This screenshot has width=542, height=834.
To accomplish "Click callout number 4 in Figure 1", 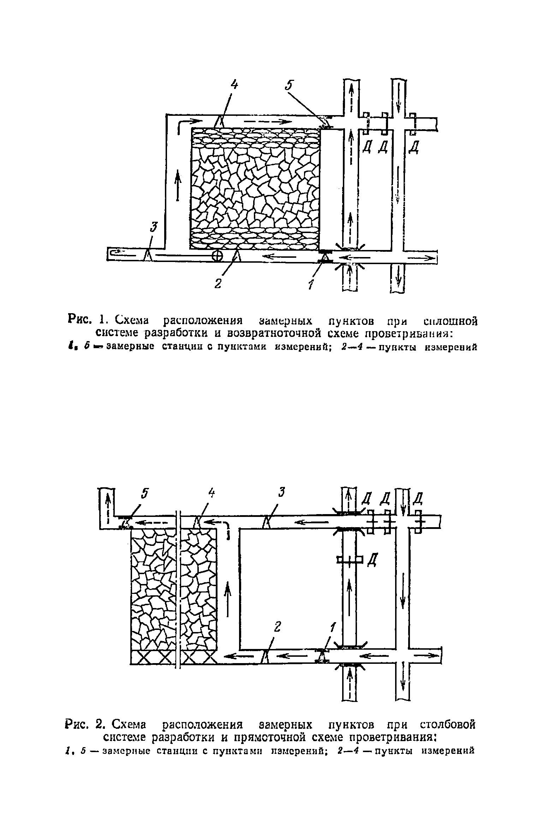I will [234, 85].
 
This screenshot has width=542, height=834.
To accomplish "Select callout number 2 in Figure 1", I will [218, 283].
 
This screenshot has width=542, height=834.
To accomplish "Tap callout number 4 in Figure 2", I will [212, 493].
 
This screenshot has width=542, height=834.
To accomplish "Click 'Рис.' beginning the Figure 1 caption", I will [81, 321].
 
